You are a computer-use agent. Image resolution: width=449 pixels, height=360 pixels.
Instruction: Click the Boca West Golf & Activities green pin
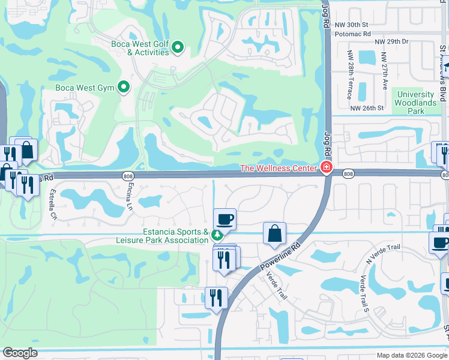pos(178,47)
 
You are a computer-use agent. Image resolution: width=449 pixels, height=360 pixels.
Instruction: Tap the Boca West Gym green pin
pos(124,88)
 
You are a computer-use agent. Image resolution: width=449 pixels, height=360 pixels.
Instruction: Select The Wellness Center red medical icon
pos(327,168)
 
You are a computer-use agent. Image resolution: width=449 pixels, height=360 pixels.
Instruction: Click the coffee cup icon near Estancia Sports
pos(224,219)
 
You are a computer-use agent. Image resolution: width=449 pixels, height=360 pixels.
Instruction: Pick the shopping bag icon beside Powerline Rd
pos(274,233)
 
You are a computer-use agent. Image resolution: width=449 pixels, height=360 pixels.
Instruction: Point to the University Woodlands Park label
pos(416,103)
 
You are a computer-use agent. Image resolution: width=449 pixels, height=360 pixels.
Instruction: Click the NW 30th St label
pos(351,25)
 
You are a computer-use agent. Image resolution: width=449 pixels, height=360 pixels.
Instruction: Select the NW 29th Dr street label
pos(391,41)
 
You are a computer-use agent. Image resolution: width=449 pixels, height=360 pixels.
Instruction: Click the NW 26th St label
pos(367,107)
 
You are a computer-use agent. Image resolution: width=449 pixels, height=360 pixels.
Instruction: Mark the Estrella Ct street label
pos(52,205)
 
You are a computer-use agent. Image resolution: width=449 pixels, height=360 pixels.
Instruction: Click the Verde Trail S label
pos(362,293)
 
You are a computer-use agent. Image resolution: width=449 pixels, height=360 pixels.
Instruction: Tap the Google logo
pos(20,353)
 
